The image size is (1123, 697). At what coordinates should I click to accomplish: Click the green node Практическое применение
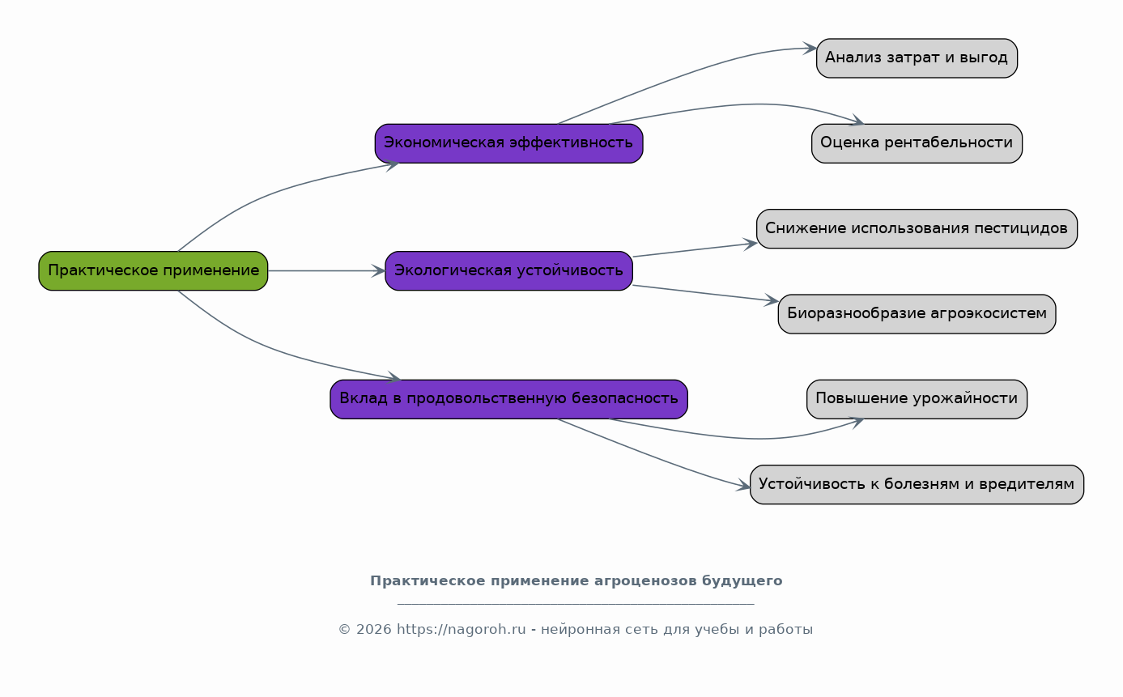(x=153, y=270)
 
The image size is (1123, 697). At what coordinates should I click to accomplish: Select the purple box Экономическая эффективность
(x=508, y=143)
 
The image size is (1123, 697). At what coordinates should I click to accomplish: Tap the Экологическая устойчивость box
(x=508, y=270)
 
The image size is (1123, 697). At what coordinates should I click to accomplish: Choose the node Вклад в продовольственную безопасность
(x=508, y=399)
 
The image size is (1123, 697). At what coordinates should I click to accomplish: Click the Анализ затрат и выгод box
(x=917, y=58)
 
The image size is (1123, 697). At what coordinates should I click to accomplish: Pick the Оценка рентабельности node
(x=917, y=143)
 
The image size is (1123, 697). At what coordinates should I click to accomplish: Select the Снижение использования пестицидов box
(x=917, y=228)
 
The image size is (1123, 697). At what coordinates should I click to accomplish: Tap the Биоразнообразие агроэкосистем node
(x=917, y=313)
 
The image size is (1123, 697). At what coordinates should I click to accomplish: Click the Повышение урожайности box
(x=917, y=399)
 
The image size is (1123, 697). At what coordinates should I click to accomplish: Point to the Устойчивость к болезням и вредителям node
(x=917, y=485)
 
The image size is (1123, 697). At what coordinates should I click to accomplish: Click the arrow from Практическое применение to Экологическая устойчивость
(x=326, y=271)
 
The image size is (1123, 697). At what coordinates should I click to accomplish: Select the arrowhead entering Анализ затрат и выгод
(x=810, y=49)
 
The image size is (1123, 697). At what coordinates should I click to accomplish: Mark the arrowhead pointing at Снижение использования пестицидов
(x=750, y=244)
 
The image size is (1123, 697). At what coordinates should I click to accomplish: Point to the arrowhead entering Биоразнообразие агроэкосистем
(x=772, y=300)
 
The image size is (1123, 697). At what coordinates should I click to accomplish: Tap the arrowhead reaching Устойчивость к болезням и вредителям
(x=743, y=485)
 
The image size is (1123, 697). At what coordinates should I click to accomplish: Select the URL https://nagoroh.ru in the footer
(x=462, y=629)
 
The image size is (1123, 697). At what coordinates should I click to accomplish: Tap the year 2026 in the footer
(x=373, y=629)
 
